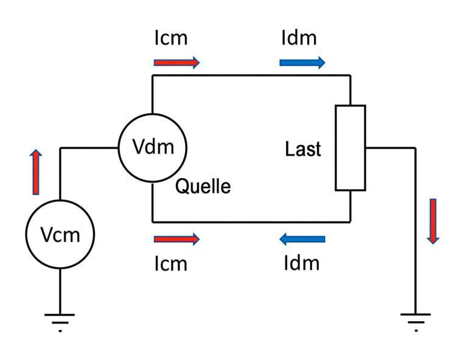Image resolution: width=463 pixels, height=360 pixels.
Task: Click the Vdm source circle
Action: pos(152,148)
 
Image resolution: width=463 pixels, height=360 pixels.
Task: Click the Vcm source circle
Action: pos(60,234)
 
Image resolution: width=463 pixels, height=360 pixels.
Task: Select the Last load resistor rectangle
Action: pos(350,148)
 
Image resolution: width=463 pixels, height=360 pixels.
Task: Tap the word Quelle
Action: pos(203,186)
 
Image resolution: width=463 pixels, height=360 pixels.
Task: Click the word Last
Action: pos(303,149)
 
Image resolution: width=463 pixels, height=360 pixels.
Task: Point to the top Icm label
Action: pos(171,38)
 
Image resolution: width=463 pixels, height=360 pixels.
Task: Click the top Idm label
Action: pos(299,38)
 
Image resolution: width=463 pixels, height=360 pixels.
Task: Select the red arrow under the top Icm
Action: pos(176,62)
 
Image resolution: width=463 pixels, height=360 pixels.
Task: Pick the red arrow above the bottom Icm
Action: pos(176,239)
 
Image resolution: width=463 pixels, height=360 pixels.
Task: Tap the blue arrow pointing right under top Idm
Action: pos(302,62)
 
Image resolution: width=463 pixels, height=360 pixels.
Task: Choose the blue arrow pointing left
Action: pos(302,239)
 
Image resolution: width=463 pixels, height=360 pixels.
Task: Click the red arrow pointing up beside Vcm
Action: pos(36,172)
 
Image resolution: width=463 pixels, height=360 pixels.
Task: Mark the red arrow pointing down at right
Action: pos(433,221)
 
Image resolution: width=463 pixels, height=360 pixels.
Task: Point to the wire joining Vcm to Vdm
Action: pos(88,148)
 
